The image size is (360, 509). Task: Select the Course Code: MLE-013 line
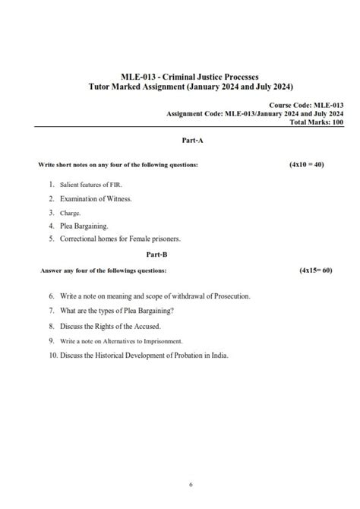point(302,105)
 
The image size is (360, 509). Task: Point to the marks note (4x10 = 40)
point(306,164)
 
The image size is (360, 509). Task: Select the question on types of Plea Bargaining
point(137,311)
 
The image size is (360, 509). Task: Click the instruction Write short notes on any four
point(118,165)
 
